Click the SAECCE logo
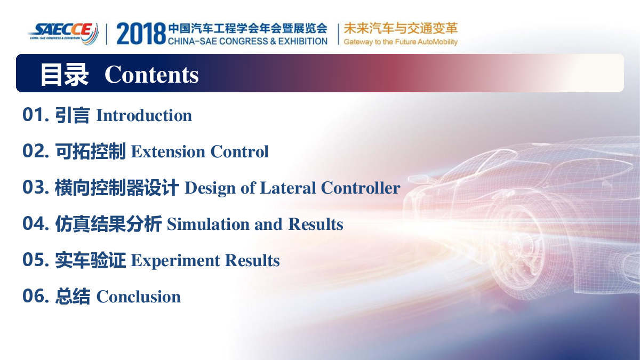click(x=63, y=34)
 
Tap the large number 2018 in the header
click(x=141, y=34)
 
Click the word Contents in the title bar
click(x=151, y=75)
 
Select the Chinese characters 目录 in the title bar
click(x=64, y=75)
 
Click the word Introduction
click(x=144, y=115)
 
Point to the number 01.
click(x=36, y=115)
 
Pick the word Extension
click(x=168, y=151)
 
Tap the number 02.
click(x=36, y=151)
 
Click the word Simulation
click(x=209, y=224)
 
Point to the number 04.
click(x=36, y=223)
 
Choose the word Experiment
click(x=175, y=261)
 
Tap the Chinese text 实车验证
click(x=90, y=260)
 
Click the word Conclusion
click(x=139, y=297)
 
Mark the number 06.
click(x=36, y=296)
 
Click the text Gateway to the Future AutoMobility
click(x=401, y=42)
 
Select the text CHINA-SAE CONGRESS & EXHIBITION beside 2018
click(x=247, y=41)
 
